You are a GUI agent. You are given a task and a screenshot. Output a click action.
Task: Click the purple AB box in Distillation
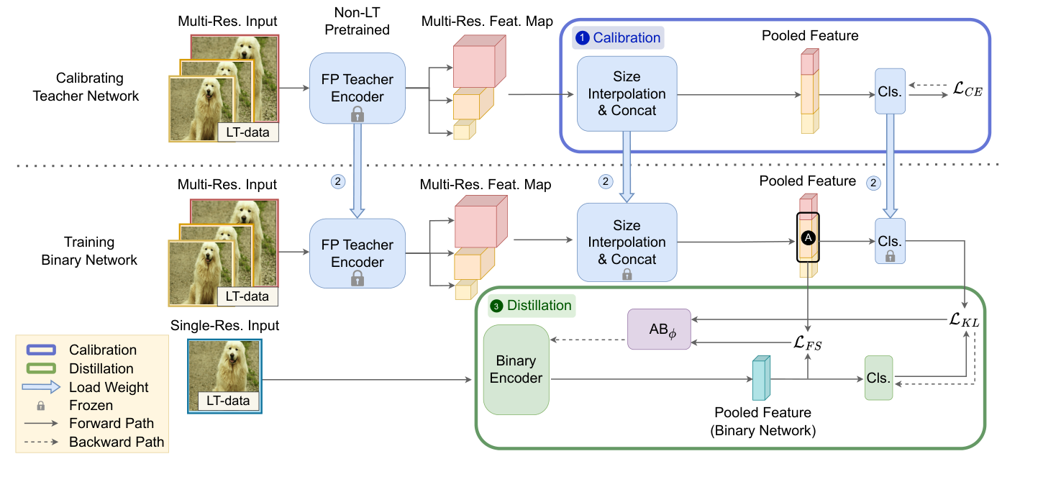click(x=658, y=329)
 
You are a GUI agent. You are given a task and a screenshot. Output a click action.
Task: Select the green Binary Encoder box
click(x=516, y=369)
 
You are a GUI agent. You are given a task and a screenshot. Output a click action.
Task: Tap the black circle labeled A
click(x=807, y=237)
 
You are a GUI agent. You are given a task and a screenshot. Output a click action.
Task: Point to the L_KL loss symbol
click(x=964, y=322)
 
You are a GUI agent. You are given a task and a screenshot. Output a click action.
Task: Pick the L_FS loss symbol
click(x=808, y=344)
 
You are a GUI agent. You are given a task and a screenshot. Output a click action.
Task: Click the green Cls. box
click(x=878, y=378)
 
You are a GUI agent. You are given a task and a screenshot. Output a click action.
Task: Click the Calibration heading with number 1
click(x=616, y=37)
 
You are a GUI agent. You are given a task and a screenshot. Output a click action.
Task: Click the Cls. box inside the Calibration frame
click(x=890, y=91)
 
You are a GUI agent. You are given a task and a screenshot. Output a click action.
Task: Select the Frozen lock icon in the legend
click(x=40, y=406)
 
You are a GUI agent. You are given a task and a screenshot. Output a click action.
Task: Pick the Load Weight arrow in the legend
click(x=40, y=387)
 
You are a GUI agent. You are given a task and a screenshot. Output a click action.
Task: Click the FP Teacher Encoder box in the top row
click(x=357, y=88)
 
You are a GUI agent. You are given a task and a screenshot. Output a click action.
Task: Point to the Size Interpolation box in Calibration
click(x=627, y=94)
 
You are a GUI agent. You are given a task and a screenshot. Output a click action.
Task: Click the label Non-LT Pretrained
click(x=357, y=22)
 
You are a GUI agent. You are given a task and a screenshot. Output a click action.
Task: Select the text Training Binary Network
click(x=88, y=252)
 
